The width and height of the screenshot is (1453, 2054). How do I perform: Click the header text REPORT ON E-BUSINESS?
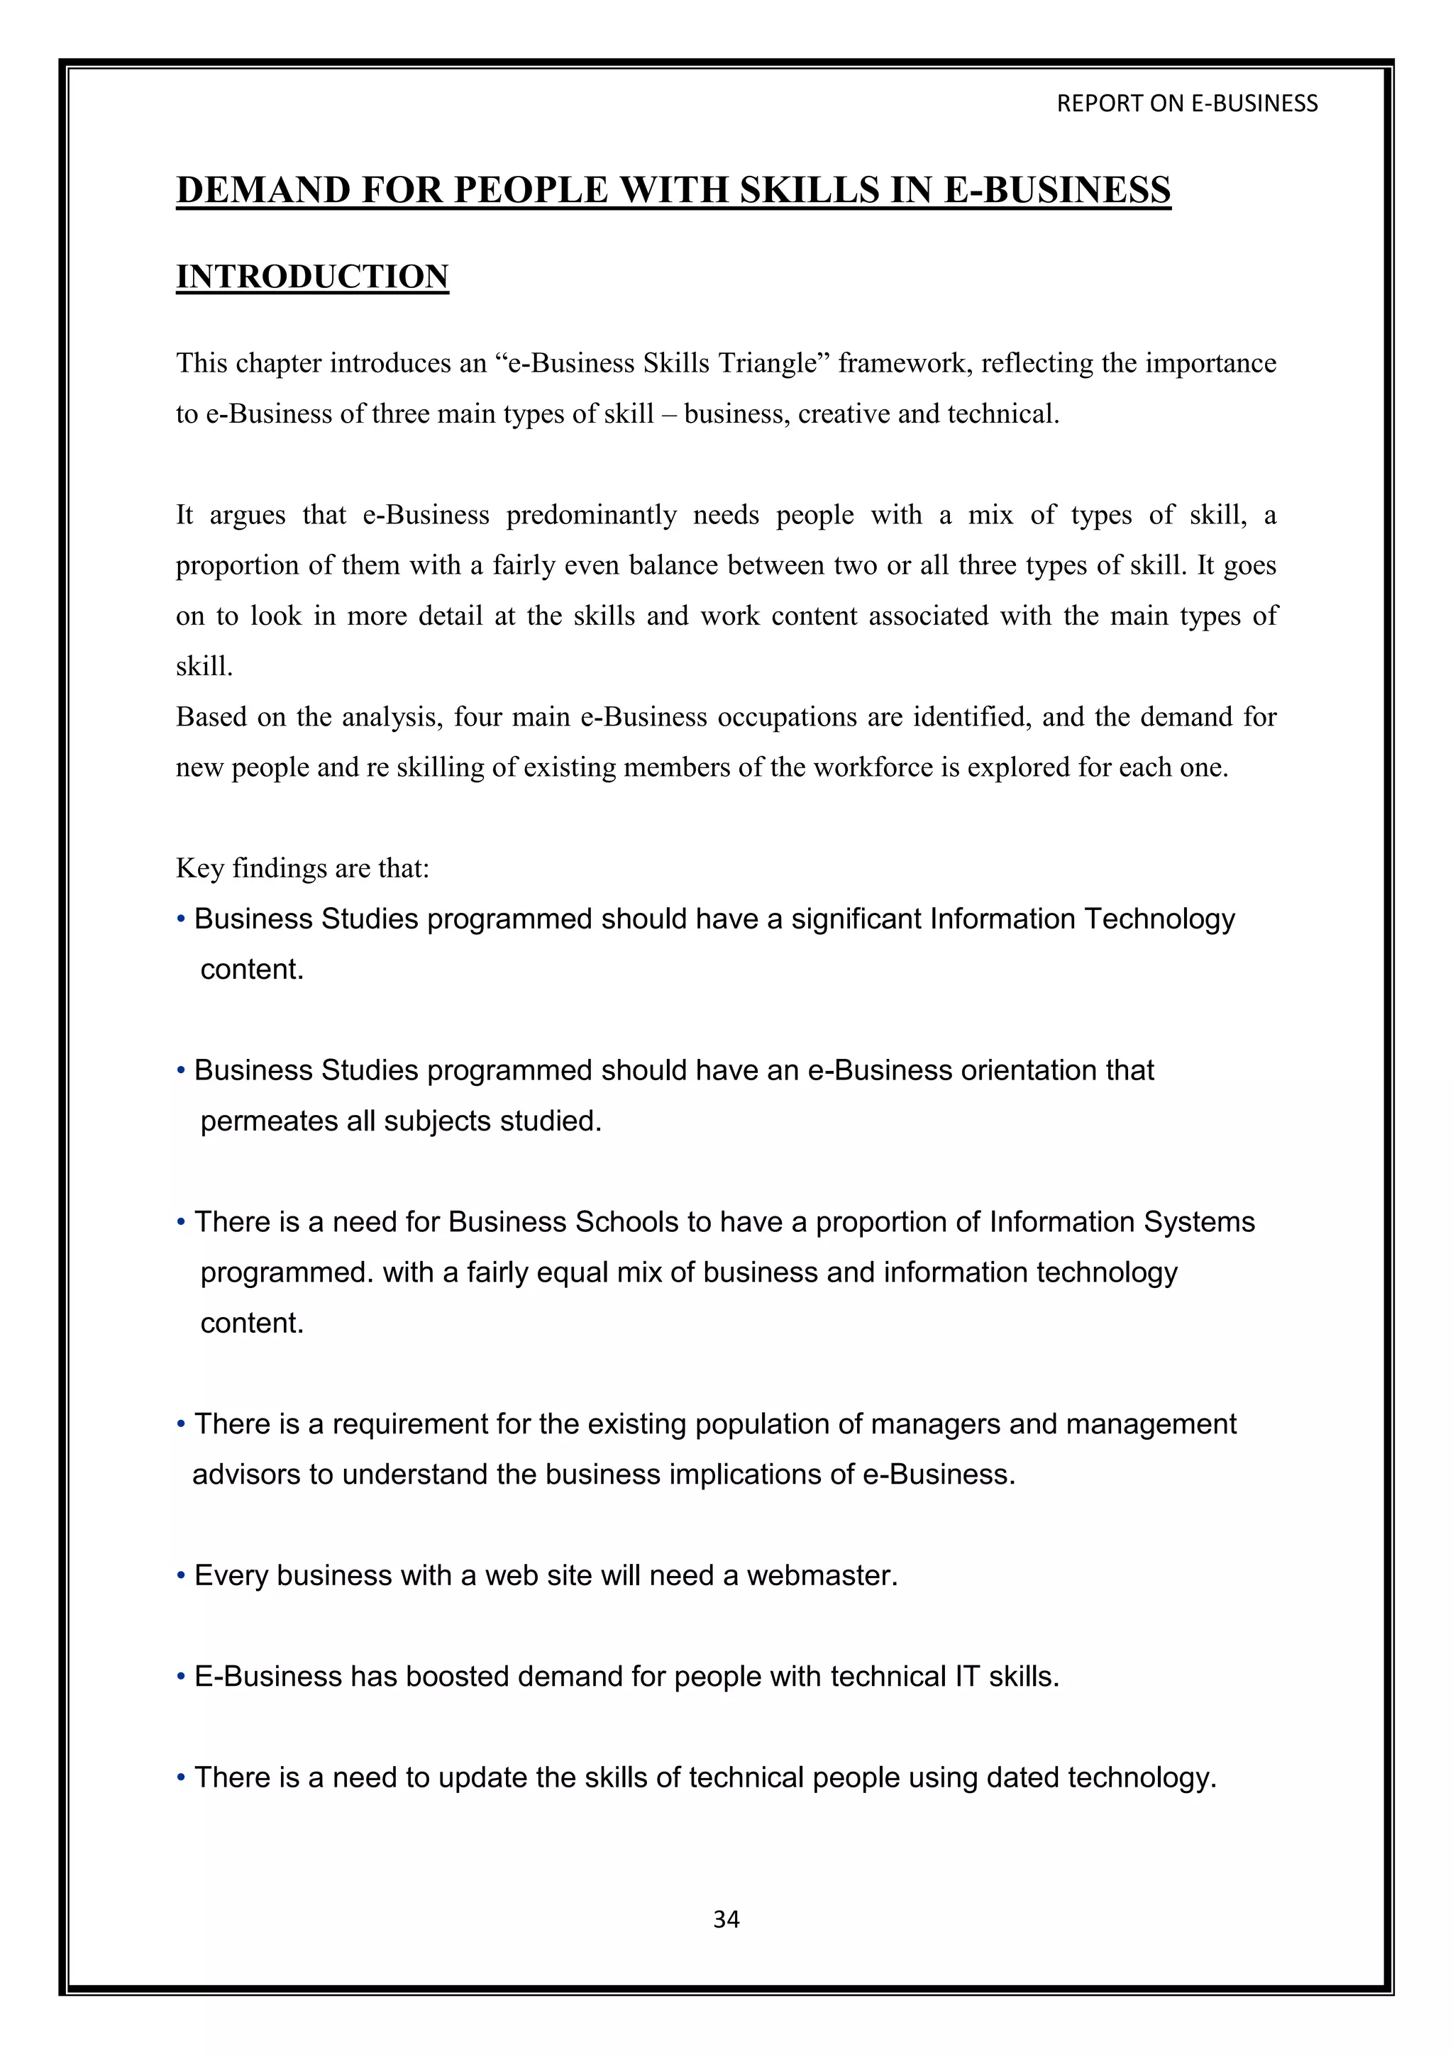(x=1186, y=104)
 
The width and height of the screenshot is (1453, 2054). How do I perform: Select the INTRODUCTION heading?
(x=312, y=277)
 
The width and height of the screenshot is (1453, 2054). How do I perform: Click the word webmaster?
(x=822, y=1575)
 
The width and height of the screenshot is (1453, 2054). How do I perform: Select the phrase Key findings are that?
(x=302, y=867)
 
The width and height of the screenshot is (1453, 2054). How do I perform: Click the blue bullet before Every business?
(x=181, y=1575)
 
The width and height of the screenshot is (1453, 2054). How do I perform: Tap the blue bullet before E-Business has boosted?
(x=181, y=1677)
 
